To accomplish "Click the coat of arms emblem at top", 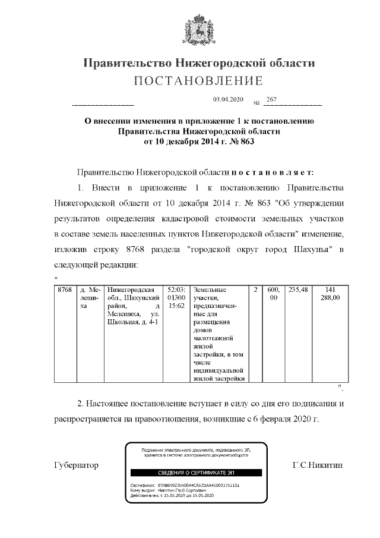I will (198, 30).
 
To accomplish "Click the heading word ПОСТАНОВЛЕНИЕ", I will (198, 81).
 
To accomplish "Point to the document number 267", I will (272, 99).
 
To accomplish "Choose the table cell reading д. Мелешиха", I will (90, 298).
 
